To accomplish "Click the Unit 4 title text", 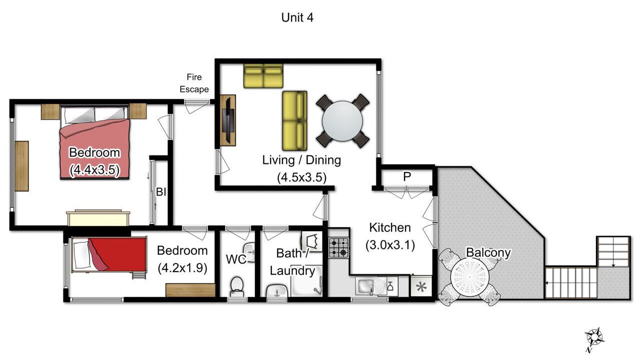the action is click(297, 17).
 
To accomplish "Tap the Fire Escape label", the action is click(194, 83).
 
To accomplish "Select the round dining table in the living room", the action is click(342, 121).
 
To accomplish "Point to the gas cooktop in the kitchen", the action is click(338, 248).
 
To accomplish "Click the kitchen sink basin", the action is click(365, 286).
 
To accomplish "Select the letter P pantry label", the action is click(407, 177).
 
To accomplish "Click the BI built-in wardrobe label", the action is click(161, 191).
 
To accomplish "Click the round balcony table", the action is click(469, 277).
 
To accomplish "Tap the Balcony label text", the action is click(488, 252).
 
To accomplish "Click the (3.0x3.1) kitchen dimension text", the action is click(390, 245).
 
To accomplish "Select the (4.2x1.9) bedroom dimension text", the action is click(182, 268).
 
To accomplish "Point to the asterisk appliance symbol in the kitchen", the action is click(421, 286).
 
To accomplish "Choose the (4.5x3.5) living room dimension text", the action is click(301, 177).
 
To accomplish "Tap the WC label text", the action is click(236, 259).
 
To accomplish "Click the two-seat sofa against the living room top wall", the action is click(263, 75).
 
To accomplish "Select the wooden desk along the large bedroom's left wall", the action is click(21, 166).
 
